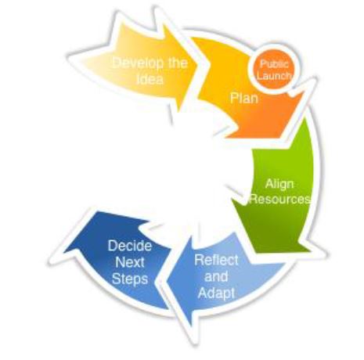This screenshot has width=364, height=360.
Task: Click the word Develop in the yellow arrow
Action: pos(139,64)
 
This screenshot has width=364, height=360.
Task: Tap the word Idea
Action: pos(150,79)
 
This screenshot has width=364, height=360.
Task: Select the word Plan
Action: pos(244,99)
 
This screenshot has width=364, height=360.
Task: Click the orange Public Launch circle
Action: pos(272,70)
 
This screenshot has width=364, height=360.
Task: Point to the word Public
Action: pos(274,64)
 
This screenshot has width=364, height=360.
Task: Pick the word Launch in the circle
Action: pos(273,76)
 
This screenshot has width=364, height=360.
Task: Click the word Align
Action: pos(279,185)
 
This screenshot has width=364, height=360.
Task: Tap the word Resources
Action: pos(280,200)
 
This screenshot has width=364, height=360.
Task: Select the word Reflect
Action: pos(216,260)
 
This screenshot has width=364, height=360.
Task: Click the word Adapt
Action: pos(216,293)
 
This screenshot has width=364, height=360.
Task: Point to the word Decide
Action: pos(130,246)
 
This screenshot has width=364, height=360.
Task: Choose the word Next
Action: pos(130,262)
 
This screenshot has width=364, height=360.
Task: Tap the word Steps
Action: pos(130,279)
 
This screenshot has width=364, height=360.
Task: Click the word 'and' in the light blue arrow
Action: pos(216,276)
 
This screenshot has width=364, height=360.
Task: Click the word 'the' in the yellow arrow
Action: pos(178,63)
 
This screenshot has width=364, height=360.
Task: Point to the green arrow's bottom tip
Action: pos(282,252)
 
